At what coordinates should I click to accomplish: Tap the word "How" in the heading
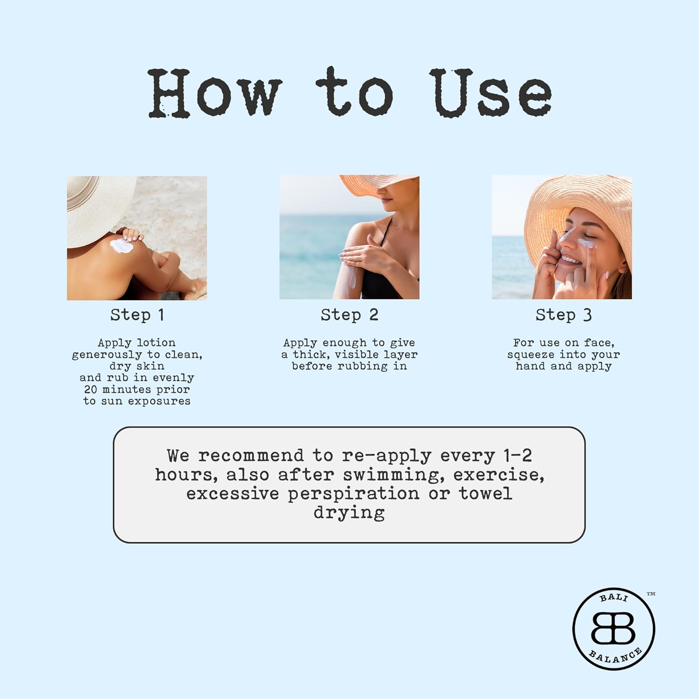(x=215, y=92)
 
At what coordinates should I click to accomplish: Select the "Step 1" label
(x=137, y=315)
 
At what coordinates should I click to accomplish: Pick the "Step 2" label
(x=349, y=315)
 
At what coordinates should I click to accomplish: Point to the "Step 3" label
(x=563, y=315)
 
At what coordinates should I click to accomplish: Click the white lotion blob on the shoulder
(x=121, y=246)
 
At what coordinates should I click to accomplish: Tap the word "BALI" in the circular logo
(x=614, y=597)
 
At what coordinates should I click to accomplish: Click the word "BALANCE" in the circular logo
(x=616, y=657)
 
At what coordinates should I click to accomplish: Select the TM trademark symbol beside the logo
(x=651, y=594)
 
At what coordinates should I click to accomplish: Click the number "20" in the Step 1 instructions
(x=90, y=389)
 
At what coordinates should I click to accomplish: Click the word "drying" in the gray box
(x=349, y=513)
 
